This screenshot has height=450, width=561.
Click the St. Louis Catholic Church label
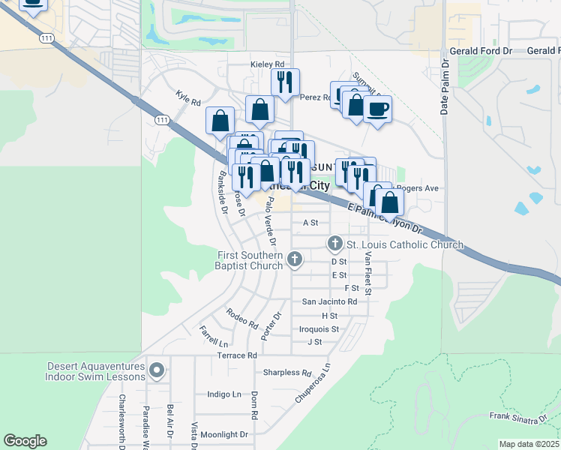pos(404,245)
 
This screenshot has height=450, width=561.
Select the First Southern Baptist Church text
pos(250,260)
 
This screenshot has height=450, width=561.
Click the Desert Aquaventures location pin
pos(157,370)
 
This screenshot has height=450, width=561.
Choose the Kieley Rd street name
pos(267,65)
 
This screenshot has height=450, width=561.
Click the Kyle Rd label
pos(188,98)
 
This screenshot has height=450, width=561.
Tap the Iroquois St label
pos(319,328)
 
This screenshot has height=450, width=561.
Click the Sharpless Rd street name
pos(287,373)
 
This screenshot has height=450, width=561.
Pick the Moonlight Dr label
pos(223,434)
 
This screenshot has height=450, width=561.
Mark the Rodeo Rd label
pos(241,319)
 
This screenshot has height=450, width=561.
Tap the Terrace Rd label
pos(231,355)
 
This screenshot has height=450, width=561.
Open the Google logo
pos(25,441)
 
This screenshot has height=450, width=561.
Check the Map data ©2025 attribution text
pos(528,444)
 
